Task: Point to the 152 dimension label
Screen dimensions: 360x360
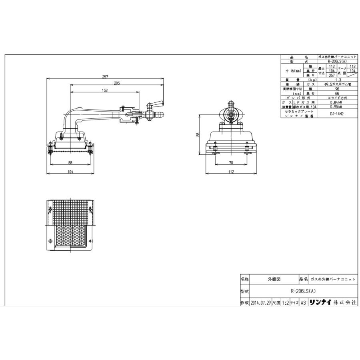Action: pyautogui.click(x=105, y=90)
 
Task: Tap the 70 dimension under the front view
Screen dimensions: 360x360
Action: pyautogui.click(x=231, y=162)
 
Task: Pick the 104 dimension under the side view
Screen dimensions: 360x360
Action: pyautogui.click(x=70, y=172)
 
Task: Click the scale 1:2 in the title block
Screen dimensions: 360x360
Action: pyautogui.click(x=285, y=303)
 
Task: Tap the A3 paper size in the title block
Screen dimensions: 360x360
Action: pyautogui.click(x=303, y=303)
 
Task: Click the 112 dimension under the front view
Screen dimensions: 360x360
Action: pyautogui.click(x=231, y=172)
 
